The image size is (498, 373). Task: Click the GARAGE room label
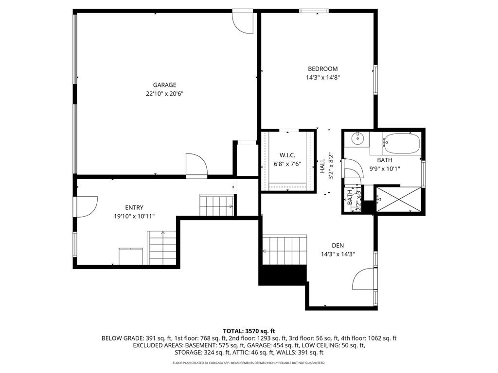(x=164, y=85)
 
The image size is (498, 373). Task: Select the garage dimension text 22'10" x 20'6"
(x=164, y=94)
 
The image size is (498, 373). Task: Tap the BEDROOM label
(x=322, y=69)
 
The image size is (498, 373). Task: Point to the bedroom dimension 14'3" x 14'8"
(x=322, y=77)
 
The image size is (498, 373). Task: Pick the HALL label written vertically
(x=322, y=166)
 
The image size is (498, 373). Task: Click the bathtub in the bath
(x=401, y=142)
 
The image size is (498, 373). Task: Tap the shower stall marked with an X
(x=398, y=199)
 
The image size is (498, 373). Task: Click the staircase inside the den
(x=285, y=250)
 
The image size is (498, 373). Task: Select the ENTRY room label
(x=134, y=208)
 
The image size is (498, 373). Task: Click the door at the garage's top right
(x=243, y=21)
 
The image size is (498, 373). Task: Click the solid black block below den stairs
(x=283, y=275)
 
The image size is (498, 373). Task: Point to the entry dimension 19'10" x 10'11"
(x=134, y=217)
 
